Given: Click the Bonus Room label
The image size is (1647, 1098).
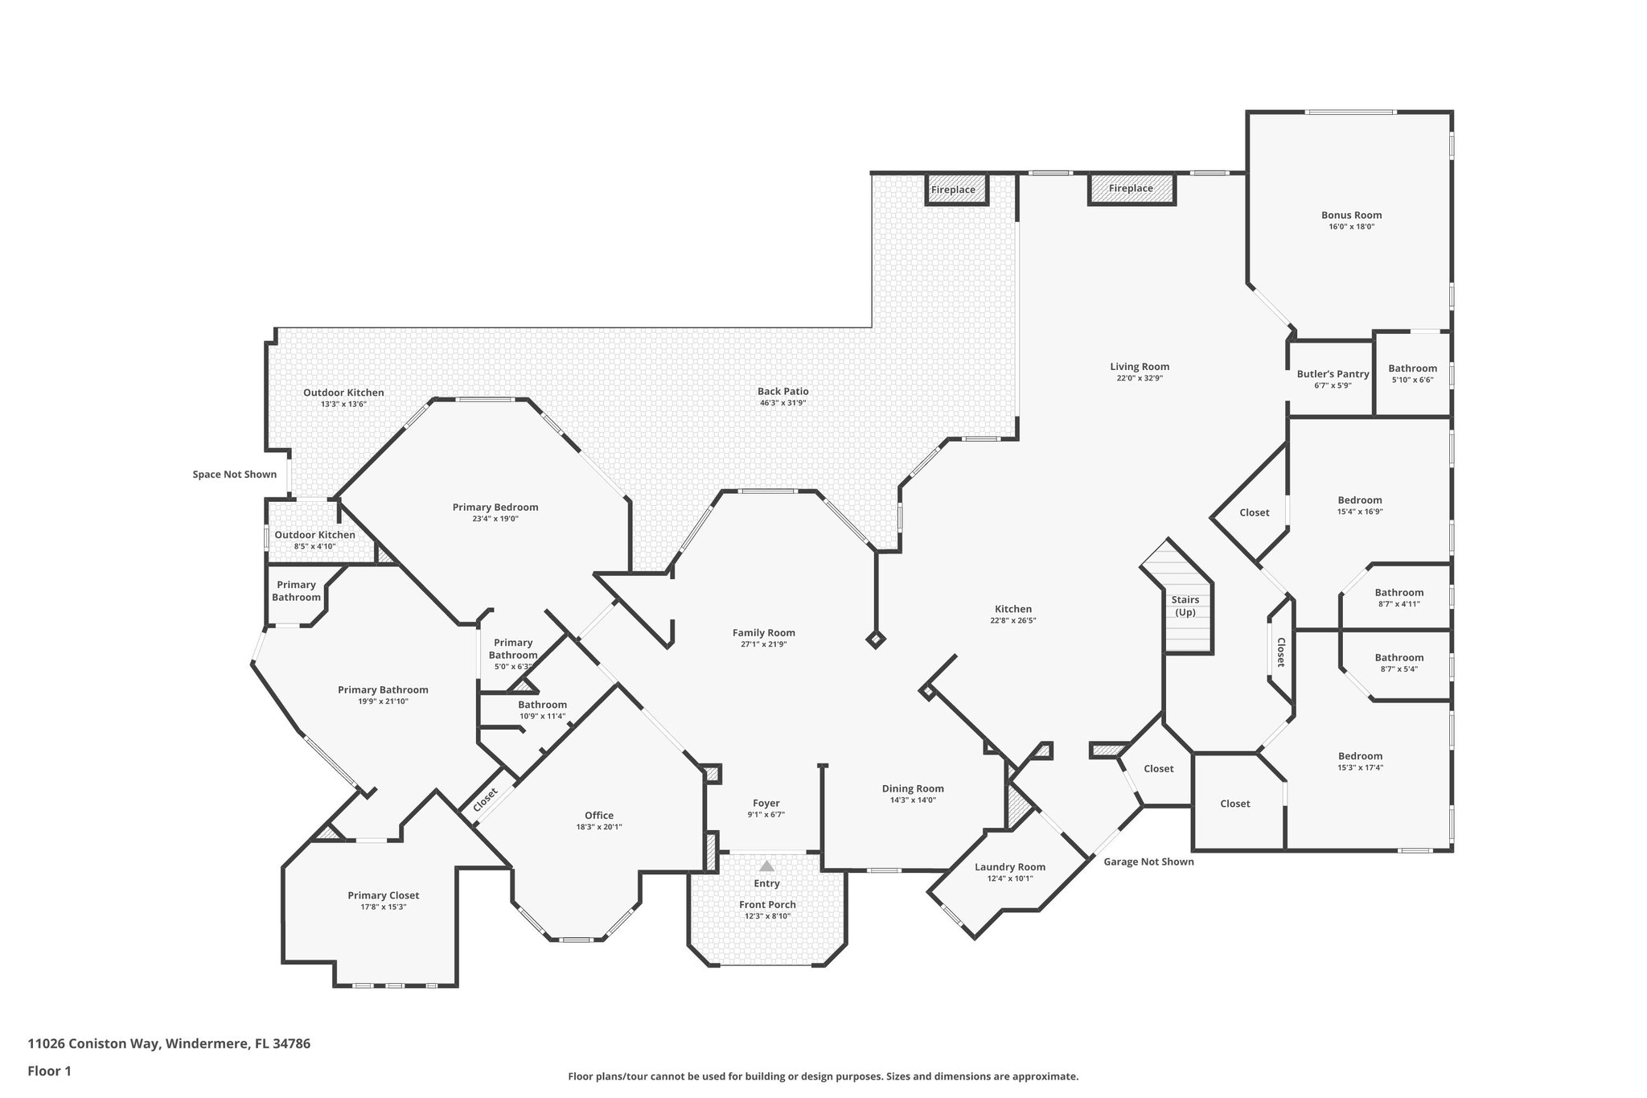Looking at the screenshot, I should (x=1351, y=215).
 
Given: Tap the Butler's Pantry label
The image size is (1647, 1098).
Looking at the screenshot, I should (x=1333, y=374).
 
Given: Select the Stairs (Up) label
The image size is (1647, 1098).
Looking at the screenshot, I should (x=1185, y=606).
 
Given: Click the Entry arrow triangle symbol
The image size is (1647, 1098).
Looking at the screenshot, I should (x=767, y=866).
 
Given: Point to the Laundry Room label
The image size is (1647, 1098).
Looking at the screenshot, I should (x=1009, y=866).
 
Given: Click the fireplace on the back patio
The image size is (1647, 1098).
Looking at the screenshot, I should (x=953, y=190).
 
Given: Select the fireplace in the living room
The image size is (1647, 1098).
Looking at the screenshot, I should (x=1131, y=188).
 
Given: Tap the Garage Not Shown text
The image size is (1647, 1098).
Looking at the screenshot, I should (x=1148, y=862).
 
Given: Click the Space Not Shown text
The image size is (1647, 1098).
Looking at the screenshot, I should (x=234, y=475).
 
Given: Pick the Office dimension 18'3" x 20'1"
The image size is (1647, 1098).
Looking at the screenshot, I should (x=599, y=827).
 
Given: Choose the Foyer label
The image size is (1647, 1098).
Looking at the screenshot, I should (x=766, y=803).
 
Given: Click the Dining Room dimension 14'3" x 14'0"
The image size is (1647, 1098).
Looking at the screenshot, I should (x=913, y=800).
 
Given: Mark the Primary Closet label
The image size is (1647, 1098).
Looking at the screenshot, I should (x=383, y=895).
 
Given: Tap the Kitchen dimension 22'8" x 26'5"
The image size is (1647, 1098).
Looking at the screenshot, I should (x=1012, y=620).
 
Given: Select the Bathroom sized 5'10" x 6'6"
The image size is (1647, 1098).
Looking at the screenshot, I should (x=1412, y=374).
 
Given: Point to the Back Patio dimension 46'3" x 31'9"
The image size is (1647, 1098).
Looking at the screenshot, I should (x=782, y=402).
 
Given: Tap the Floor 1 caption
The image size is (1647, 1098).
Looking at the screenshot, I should (x=49, y=1071).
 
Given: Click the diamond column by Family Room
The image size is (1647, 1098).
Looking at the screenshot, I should (x=876, y=640).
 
